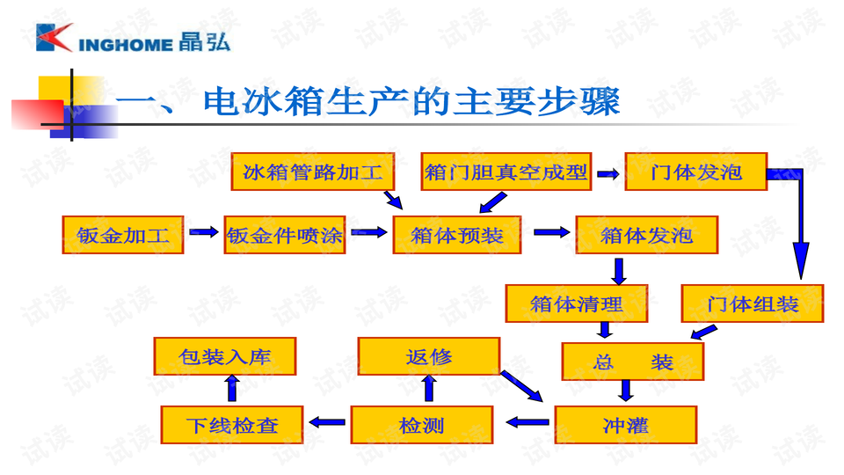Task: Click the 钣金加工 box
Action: pos(122,235)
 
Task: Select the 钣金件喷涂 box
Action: pos(285,235)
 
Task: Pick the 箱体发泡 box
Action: pos(646,235)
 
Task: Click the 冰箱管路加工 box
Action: pos(313,172)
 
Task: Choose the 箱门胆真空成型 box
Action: pos(506,172)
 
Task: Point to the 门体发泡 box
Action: pos(695,172)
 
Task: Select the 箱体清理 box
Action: pos(577,303)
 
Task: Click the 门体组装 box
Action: pos(753,303)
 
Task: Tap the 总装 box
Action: pos(633,362)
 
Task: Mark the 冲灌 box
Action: pos(625,425)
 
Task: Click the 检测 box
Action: pos(421,425)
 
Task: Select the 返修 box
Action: pos(429,356)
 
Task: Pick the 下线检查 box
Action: pos(232,425)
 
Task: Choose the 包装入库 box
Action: pos(224,356)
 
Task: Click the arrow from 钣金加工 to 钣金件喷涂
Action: pos(204,232)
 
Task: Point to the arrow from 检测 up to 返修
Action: pos(428,388)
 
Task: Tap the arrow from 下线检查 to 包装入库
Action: pos(231,388)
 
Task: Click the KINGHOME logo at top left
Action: pos(132,40)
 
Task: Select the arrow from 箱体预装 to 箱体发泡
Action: pos(551,232)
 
